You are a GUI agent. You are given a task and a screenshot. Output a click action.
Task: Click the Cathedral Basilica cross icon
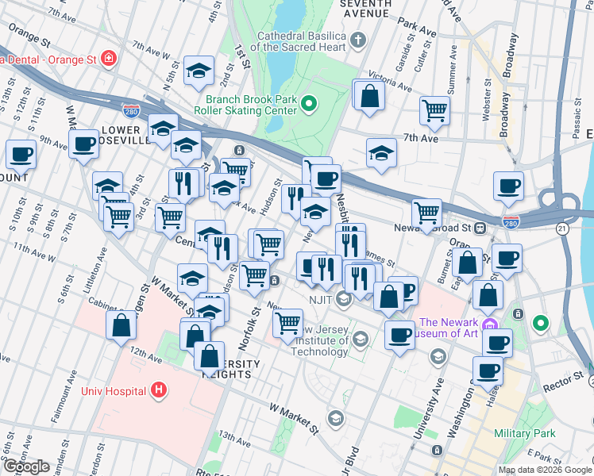[x=357, y=38]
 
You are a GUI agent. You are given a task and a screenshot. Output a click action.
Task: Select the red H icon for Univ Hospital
[x=159, y=390]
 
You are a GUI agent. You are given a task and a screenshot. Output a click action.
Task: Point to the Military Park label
[x=523, y=433]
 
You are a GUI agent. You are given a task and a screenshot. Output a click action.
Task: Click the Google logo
[x=26, y=466]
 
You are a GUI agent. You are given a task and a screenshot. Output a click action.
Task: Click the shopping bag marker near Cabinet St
[x=120, y=325]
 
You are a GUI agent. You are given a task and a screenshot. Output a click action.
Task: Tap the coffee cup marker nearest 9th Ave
[x=83, y=144]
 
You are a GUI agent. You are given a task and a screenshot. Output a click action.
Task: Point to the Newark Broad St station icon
[x=480, y=228]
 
